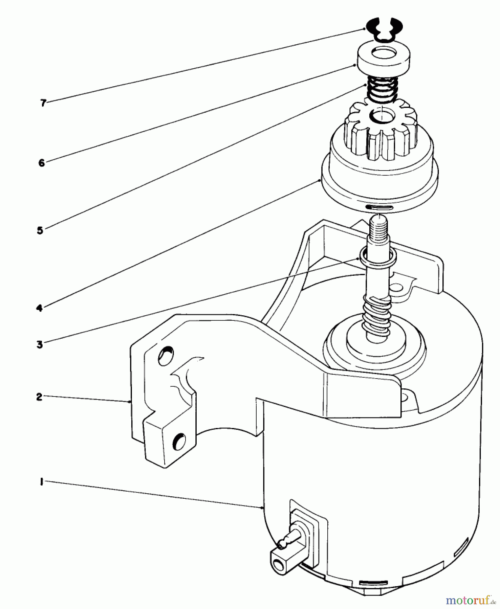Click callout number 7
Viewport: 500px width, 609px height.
pyautogui.click(x=43, y=103)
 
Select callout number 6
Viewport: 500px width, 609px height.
pyautogui.click(x=41, y=163)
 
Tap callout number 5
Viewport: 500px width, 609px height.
pyautogui.click(x=40, y=230)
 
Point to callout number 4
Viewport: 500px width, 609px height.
pyautogui.click(x=39, y=308)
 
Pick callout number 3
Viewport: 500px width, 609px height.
pyautogui.click(x=40, y=345)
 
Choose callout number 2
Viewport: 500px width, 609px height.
pyautogui.click(x=39, y=397)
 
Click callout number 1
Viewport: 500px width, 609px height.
pyautogui.click(x=41, y=482)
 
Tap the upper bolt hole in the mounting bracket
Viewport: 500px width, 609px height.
pyautogui.click(x=166, y=356)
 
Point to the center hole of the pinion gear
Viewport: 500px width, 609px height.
pyautogui.click(x=382, y=116)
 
